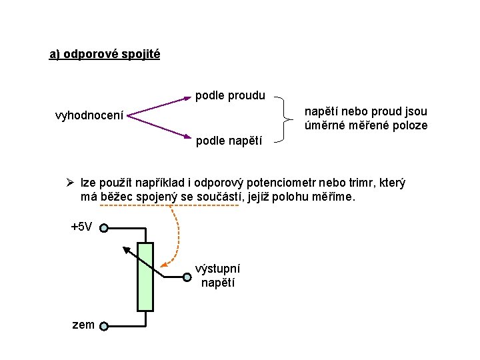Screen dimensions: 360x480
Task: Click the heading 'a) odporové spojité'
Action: (105, 54)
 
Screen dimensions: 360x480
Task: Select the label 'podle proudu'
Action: (230, 96)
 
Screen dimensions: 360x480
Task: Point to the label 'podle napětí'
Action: (229, 141)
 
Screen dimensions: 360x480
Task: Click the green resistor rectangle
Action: (145, 277)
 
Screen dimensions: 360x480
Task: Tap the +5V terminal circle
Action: (105, 228)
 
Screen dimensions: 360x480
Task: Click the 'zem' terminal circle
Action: (105, 326)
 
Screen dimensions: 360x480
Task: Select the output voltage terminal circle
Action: (187, 276)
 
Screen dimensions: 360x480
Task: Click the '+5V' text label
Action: (81, 227)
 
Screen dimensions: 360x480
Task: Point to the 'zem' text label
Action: (83, 325)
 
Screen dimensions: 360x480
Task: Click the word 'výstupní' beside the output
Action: (217, 269)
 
